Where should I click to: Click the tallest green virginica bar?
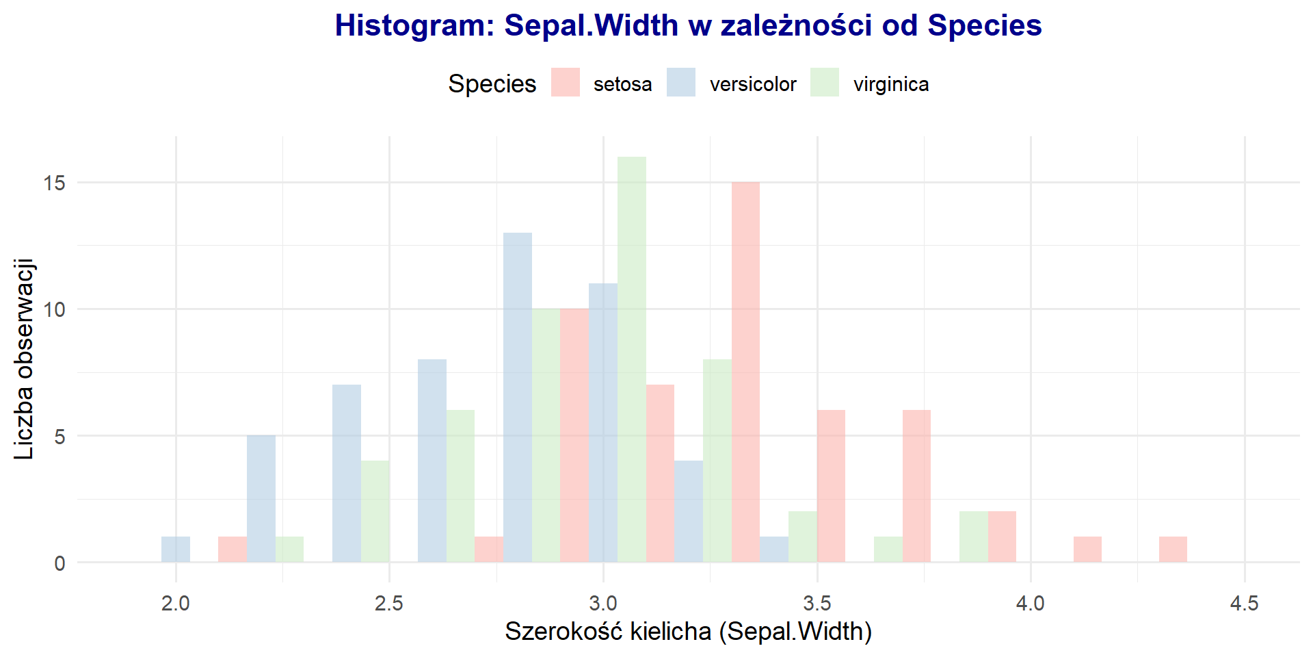631,359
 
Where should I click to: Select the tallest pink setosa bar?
745,372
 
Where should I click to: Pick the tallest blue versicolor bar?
518,398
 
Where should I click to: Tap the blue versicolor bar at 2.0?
176,550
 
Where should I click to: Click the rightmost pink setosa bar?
1173,550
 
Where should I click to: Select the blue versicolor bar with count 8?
432,461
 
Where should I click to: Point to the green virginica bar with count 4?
375,511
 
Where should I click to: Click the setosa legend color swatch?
566,83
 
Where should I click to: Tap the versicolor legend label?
753,84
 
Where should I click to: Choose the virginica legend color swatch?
825,83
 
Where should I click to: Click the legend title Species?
492,83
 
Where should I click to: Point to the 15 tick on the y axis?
55,183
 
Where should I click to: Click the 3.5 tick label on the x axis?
817,603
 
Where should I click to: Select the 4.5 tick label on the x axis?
1244,603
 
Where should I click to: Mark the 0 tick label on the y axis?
60,563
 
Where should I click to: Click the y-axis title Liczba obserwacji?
24,359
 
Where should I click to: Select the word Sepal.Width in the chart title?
592,25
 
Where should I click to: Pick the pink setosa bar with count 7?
660,474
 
